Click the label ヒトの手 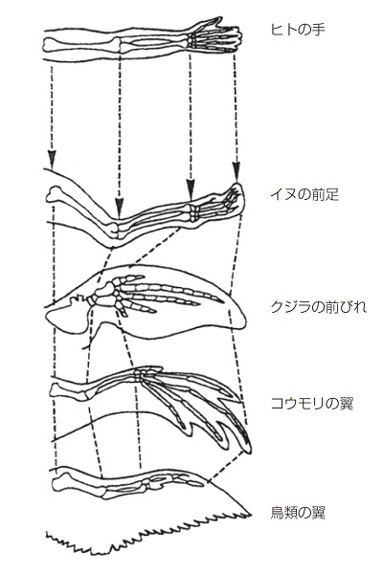298,30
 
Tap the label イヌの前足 304,194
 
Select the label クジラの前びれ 318,307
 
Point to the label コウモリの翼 311,404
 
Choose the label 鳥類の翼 298,513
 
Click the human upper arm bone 81,44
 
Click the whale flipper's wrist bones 103,294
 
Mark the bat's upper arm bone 70,389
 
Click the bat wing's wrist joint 140,375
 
